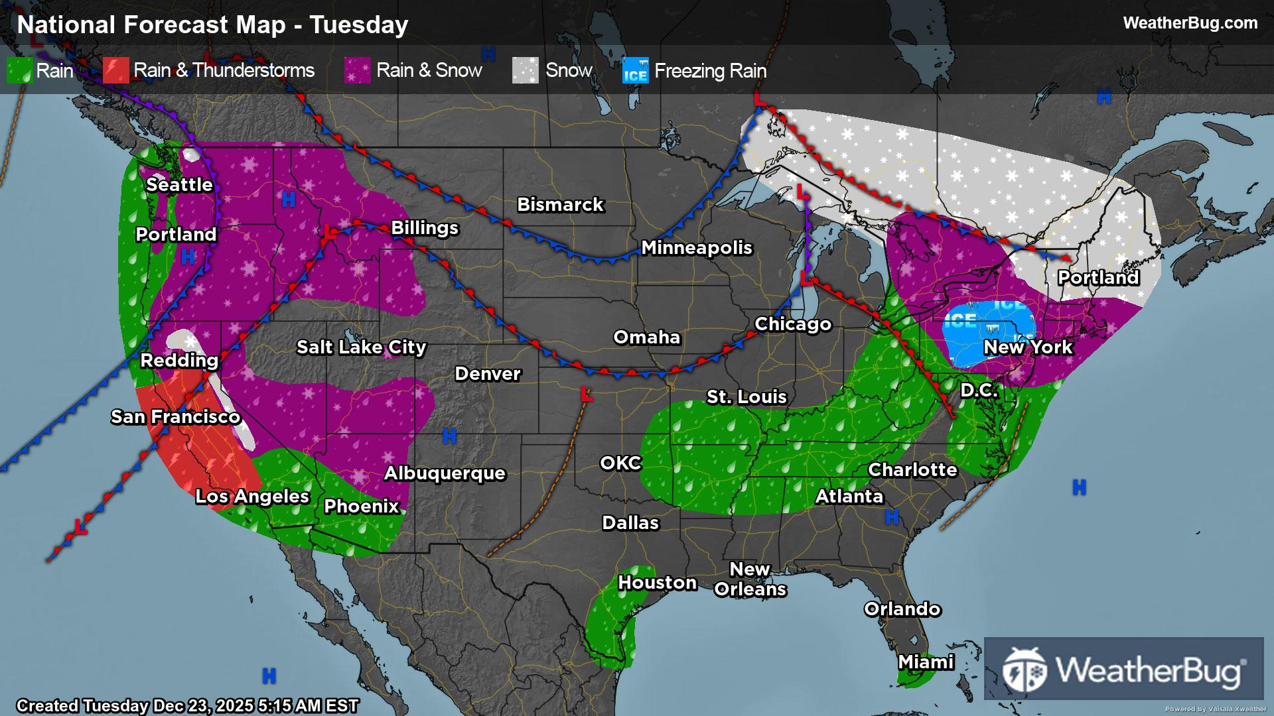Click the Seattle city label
click(x=179, y=184)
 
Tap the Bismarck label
click(x=560, y=204)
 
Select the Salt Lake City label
click(x=361, y=347)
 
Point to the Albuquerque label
click(x=445, y=473)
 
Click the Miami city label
click(x=926, y=662)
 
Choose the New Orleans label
click(x=750, y=579)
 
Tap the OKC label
click(x=620, y=463)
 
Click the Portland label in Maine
click(x=1098, y=277)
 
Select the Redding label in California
click(x=179, y=360)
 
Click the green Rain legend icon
click(x=19, y=70)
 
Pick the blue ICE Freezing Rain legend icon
click(x=635, y=70)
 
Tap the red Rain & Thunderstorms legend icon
click(x=115, y=70)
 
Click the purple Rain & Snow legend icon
click(x=358, y=70)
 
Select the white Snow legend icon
click(x=525, y=70)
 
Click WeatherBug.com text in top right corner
click(x=1190, y=23)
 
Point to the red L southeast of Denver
click(x=586, y=394)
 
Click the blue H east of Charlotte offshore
click(x=1079, y=488)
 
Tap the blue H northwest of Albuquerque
click(x=449, y=436)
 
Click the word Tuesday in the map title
click(x=359, y=25)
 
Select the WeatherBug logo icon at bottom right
click(x=1025, y=670)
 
